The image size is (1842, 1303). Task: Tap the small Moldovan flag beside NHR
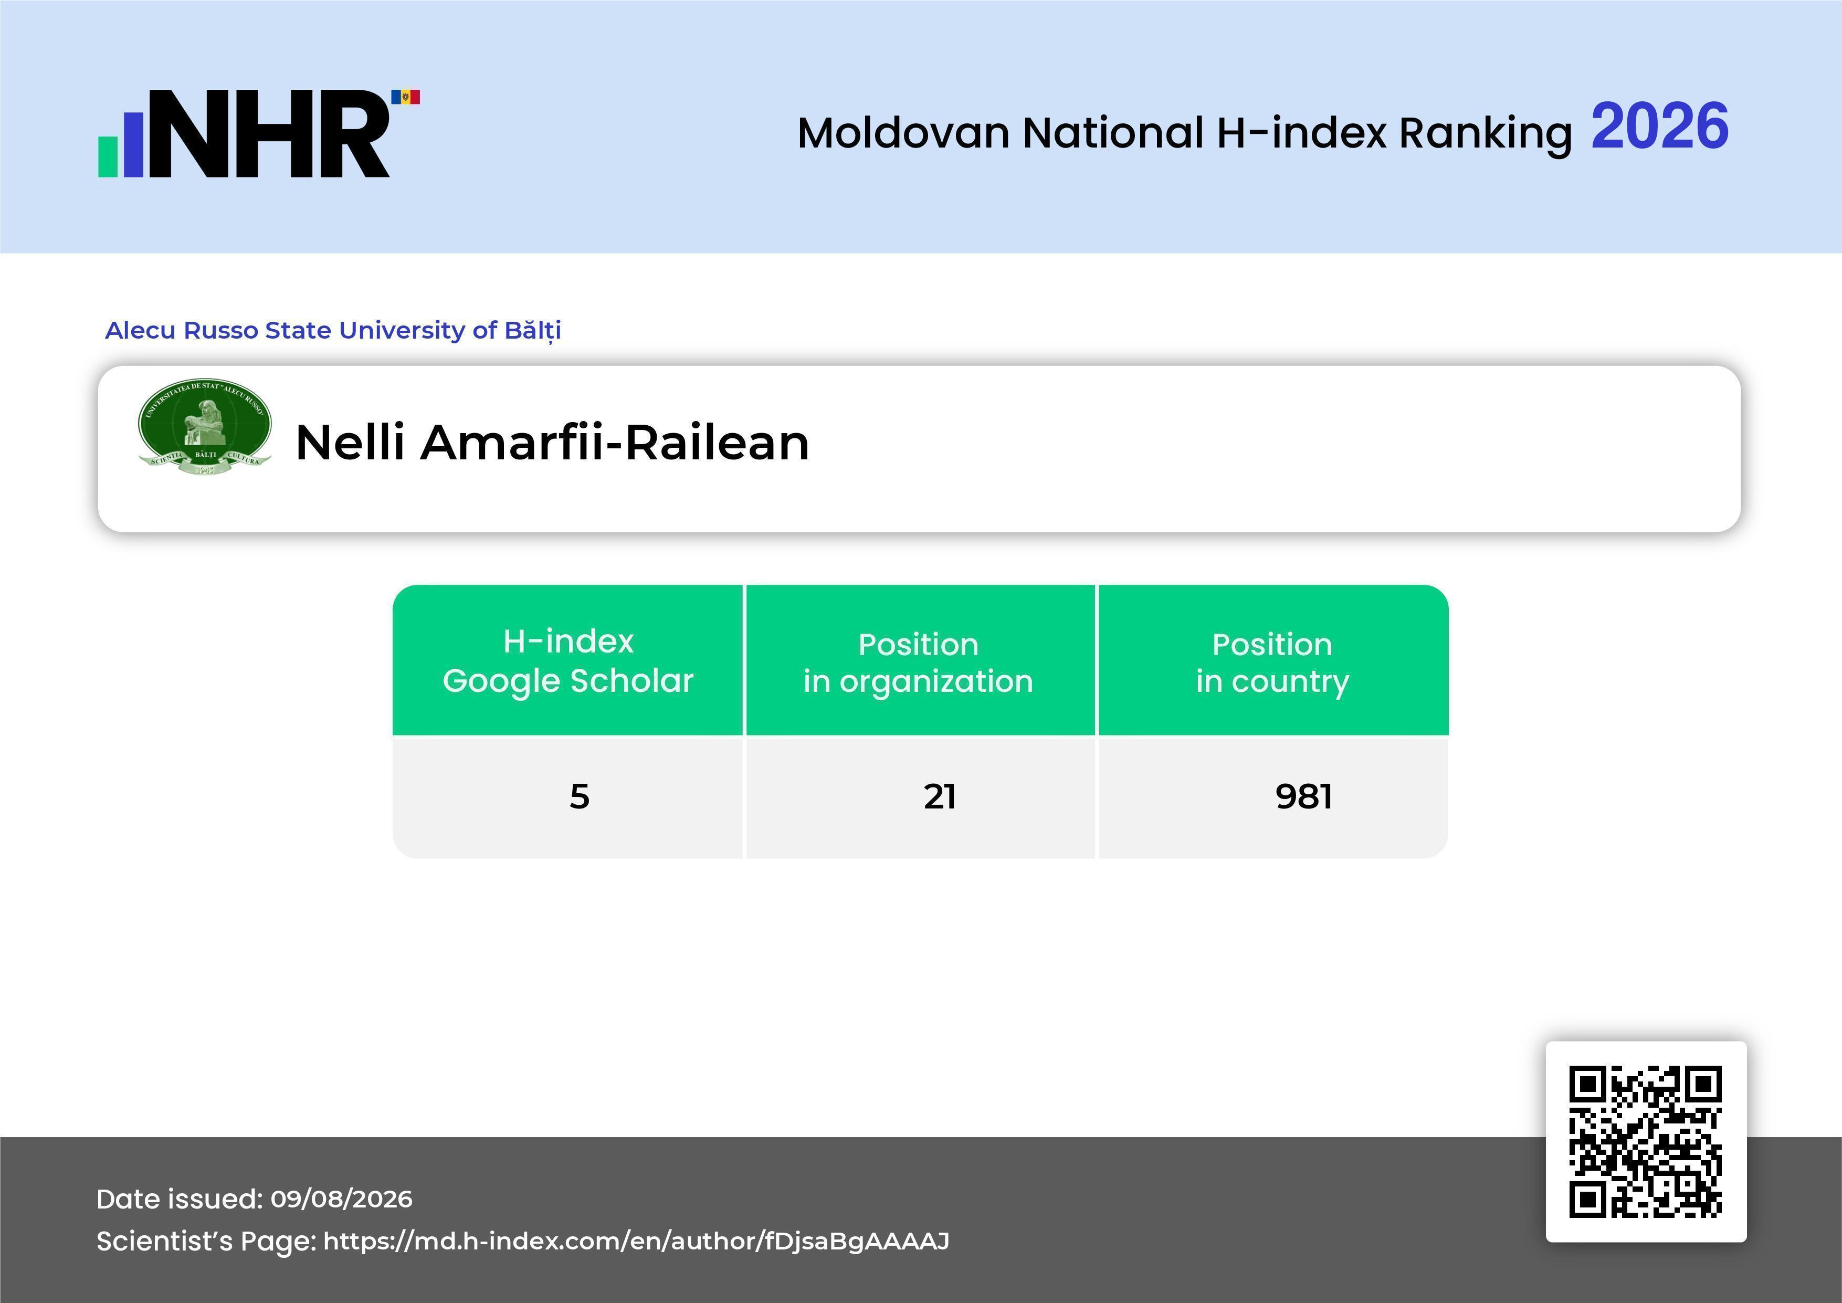pyautogui.click(x=405, y=97)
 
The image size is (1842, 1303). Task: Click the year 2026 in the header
pyautogui.click(x=1659, y=127)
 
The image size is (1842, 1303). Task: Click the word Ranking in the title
pyautogui.click(x=1485, y=134)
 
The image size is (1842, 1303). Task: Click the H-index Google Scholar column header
pyautogui.click(x=568, y=660)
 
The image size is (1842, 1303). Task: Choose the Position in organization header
pyautogui.click(x=919, y=663)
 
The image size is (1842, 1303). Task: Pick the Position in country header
pyautogui.click(x=1272, y=663)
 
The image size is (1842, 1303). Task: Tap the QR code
pyautogui.click(x=1646, y=1142)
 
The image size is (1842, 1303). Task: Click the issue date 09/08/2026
pyautogui.click(x=342, y=1199)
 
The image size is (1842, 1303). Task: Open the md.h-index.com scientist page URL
pyautogui.click(x=636, y=1241)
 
